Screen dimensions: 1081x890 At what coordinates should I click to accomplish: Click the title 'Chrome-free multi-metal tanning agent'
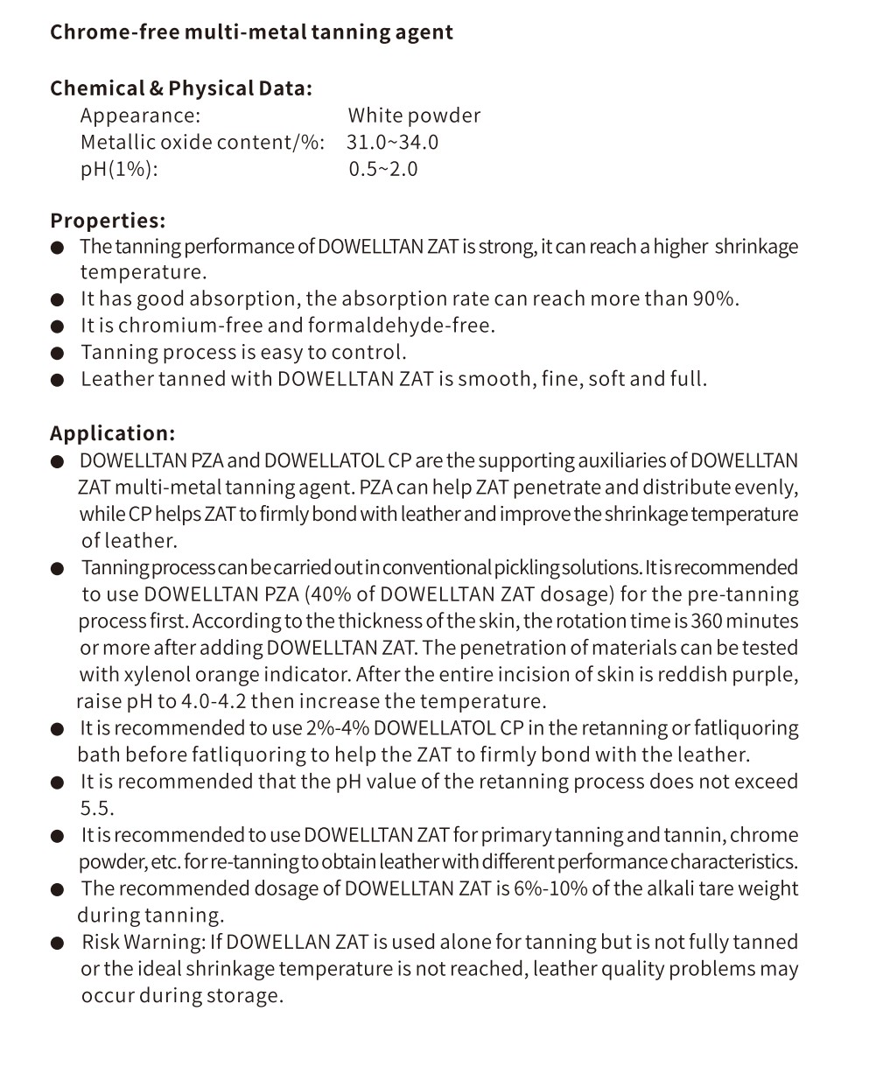[251, 32]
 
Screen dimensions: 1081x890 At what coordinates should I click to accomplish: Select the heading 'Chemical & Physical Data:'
[180, 88]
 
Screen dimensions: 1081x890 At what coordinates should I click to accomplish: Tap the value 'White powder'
[414, 116]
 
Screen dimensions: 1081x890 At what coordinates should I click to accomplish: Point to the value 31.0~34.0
[392, 142]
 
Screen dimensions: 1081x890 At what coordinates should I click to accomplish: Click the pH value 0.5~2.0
[383, 169]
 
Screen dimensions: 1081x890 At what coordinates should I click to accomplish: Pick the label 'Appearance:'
[140, 116]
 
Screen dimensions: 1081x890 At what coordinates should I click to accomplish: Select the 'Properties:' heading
[108, 221]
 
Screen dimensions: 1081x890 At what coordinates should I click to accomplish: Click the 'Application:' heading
[112, 433]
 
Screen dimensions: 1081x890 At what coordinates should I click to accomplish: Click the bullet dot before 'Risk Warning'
[58, 944]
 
